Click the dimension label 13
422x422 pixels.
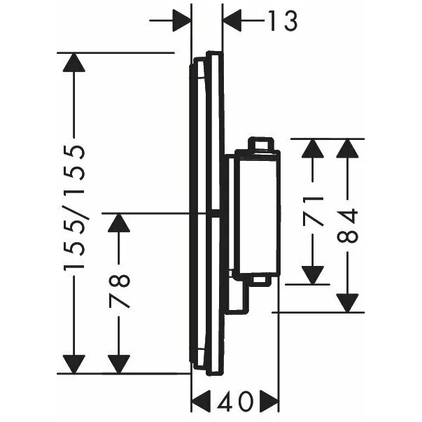click(281, 22)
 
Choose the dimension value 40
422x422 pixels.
click(235, 402)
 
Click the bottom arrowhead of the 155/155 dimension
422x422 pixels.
click(73, 363)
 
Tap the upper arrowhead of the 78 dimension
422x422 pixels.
click(120, 224)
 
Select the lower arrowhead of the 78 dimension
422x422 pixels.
click(120, 363)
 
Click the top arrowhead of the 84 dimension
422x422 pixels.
click(348, 149)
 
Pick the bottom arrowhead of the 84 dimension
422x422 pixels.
click(348, 302)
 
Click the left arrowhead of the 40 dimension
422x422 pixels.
click(202, 402)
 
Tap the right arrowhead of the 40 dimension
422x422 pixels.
click(269, 402)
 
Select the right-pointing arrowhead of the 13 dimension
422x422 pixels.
click(181, 22)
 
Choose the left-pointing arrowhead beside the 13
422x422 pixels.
click(232, 22)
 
